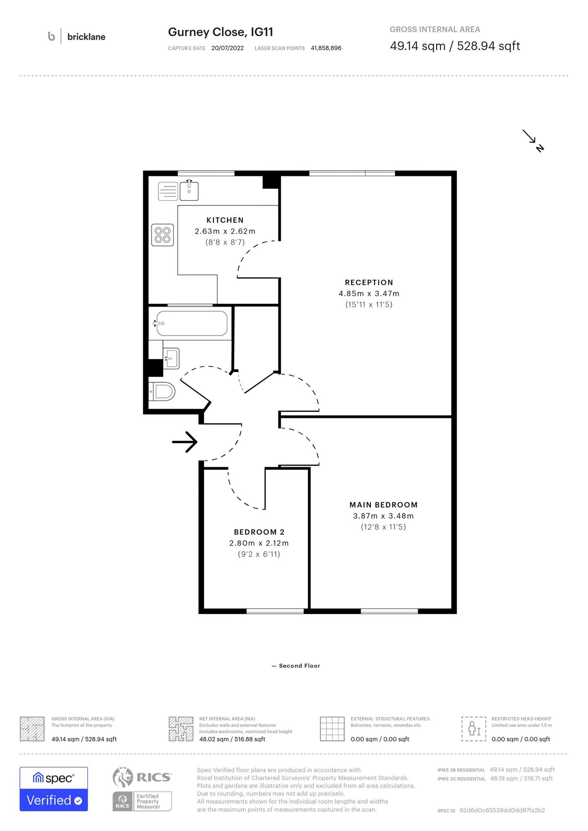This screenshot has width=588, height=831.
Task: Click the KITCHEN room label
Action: tap(225, 220)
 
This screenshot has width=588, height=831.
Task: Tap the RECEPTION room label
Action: tap(369, 283)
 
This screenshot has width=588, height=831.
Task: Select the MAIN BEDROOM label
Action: tap(383, 505)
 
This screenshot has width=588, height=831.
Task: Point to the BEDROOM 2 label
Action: tap(259, 532)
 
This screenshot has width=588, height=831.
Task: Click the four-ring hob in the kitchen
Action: tap(163, 235)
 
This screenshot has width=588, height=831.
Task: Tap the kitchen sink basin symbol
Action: tap(189, 191)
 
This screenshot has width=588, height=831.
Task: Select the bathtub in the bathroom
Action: tap(191, 323)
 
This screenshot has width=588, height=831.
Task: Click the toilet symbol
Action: tap(163, 392)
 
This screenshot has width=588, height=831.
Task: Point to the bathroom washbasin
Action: tap(171, 358)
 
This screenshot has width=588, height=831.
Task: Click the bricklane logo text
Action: tap(86, 37)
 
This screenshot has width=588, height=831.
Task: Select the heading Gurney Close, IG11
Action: tap(220, 32)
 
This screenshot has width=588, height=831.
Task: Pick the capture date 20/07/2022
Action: tap(227, 48)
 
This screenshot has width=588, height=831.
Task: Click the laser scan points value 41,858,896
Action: tap(326, 48)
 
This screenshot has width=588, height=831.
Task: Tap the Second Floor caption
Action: tap(299, 666)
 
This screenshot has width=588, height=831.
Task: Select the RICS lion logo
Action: tap(123, 777)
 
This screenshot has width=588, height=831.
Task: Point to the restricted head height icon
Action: tap(473, 729)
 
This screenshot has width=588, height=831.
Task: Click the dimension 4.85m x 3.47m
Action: tap(369, 294)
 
